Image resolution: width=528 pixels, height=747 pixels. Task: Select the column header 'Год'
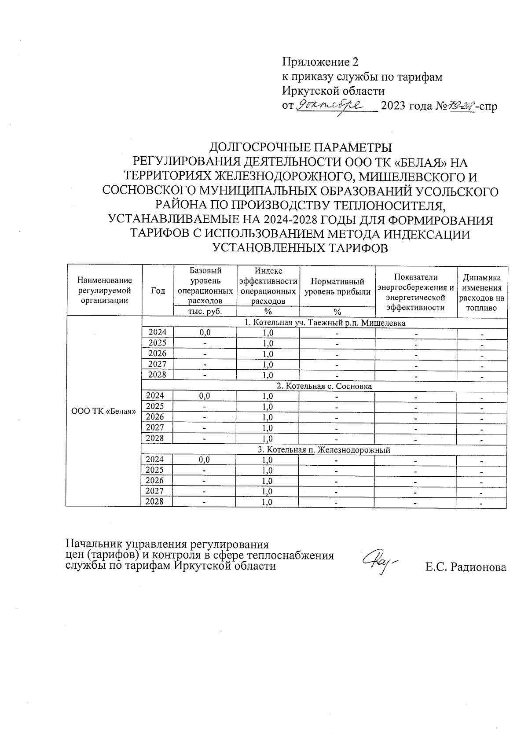pyautogui.click(x=158, y=291)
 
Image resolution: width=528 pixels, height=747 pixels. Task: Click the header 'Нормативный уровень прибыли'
pyautogui.click(x=337, y=287)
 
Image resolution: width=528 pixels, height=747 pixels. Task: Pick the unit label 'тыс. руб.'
pyautogui.click(x=205, y=311)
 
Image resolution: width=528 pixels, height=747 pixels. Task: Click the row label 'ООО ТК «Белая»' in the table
pyautogui.click(x=103, y=412)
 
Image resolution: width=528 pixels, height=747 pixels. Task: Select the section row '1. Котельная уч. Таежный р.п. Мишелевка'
pyautogui.click(x=325, y=323)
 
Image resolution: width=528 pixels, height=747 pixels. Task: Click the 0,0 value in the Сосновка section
pyautogui.click(x=205, y=396)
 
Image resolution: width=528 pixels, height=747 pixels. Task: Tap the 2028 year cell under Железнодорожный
pyautogui.click(x=154, y=502)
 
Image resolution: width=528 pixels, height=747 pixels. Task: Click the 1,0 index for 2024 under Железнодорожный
pyautogui.click(x=268, y=460)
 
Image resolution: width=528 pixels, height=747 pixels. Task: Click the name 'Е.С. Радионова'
pyautogui.click(x=466, y=567)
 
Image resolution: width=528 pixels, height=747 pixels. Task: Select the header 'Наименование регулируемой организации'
pyautogui.click(x=104, y=291)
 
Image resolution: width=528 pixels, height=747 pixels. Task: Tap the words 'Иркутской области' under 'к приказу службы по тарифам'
pyautogui.click(x=333, y=91)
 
